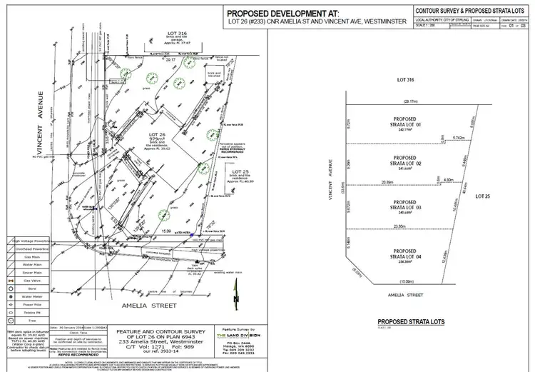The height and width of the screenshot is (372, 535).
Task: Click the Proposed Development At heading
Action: coord(273,13)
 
